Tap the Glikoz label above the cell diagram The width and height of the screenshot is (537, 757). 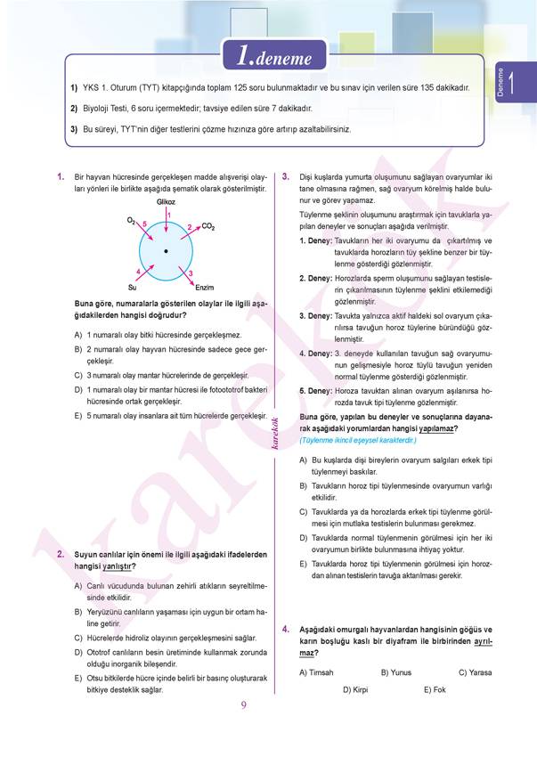pyautogui.click(x=166, y=203)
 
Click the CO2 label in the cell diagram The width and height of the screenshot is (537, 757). pyautogui.click(x=208, y=227)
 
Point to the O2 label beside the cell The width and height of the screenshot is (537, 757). pyautogui.click(x=131, y=219)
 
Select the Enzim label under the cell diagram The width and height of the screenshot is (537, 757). pyautogui.click(x=204, y=288)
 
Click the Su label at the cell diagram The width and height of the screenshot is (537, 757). pyautogui.click(x=132, y=288)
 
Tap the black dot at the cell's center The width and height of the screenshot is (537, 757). pyautogui.click(x=166, y=253)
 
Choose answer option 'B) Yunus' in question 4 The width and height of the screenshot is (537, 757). pyautogui.click(x=396, y=672)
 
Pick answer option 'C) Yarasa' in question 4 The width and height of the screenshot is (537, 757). pyautogui.click(x=475, y=672)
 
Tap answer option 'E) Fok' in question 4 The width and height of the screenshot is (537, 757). pyautogui.click(x=435, y=689)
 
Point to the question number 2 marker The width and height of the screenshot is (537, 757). pyautogui.click(x=60, y=554)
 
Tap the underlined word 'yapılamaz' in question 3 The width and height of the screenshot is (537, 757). pyautogui.click(x=432, y=428)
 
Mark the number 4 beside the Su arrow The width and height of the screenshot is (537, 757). pyautogui.click(x=138, y=270)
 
